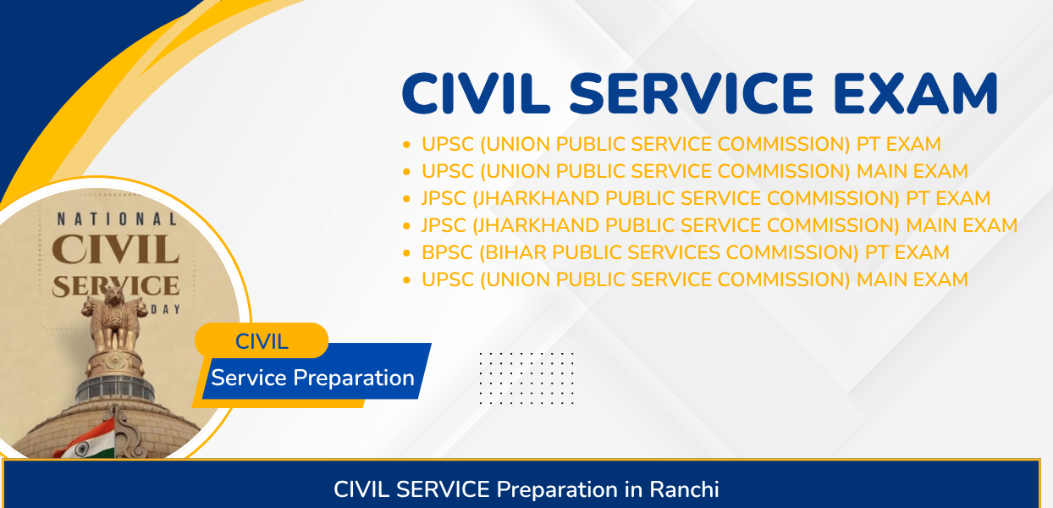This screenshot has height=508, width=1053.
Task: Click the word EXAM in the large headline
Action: point(915,93)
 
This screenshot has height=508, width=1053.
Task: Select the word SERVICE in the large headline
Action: point(691,93)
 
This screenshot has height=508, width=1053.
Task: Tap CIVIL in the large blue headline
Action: point(476,93)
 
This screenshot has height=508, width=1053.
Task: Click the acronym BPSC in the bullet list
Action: point(447,252)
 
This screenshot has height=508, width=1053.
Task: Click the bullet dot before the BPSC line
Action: point(406,253)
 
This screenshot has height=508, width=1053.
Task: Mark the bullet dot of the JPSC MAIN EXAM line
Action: point(406,226)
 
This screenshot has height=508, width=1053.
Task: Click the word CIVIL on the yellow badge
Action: point(262,341)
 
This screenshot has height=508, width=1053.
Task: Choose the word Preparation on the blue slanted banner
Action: point(354,378)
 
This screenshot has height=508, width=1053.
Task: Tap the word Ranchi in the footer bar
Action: point(684,489)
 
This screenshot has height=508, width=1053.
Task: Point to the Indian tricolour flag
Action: point(87,439)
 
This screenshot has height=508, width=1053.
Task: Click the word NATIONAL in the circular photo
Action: point(117,219)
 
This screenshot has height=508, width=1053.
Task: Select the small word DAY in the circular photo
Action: point(165,310)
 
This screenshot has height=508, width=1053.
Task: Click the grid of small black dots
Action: point(526,378)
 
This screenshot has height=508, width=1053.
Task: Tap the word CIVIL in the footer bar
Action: point(361,489)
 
